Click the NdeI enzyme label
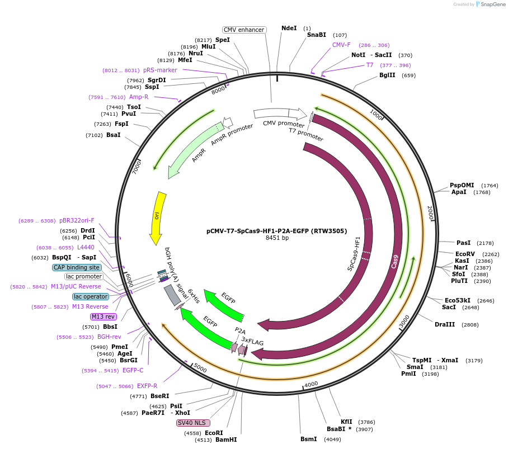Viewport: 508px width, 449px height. coord(289,28)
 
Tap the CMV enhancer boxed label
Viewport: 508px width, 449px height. coord(244,30)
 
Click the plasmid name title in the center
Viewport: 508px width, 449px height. coord(276,230)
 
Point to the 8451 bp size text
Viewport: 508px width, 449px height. coord(277,238)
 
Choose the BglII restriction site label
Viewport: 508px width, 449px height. coord(387,75)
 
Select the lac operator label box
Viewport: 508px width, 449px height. coord(91,296)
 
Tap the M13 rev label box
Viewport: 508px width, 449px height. coord(103,316)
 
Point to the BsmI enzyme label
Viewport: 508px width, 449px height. coord(309,439)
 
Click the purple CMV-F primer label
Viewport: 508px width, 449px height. coord(341,45)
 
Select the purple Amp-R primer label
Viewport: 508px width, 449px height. coord(139,97)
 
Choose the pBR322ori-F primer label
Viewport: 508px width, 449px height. coord(77,220)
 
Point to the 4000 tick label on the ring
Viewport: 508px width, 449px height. coord(311,384)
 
